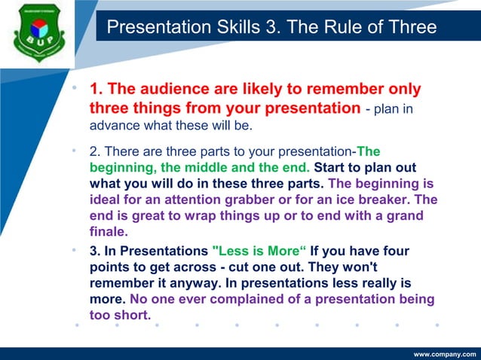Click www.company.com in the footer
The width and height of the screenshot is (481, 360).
[x=445, y=353]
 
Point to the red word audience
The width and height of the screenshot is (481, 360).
[x=170, y=90]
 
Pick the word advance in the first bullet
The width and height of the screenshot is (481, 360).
[x=113, y=124]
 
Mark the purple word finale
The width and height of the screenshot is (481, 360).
[x=109, y=233]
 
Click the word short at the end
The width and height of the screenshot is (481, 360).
[x=132, y=316]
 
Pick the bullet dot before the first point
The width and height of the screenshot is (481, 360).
[x=75, y=88]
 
